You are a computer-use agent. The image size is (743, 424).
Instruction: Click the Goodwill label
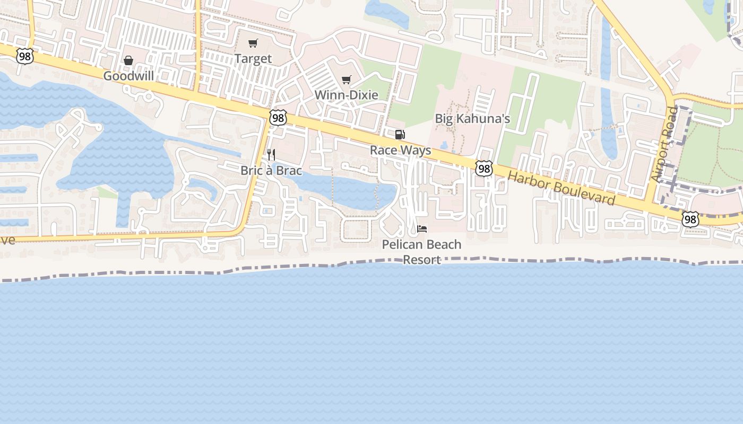pos(128,76)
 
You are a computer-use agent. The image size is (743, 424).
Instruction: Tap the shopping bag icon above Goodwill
pos(128,60)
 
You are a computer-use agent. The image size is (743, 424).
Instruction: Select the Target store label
pos(253,59)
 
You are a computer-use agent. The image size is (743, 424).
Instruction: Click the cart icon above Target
pos(253,43)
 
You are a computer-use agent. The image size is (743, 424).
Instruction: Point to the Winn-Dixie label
pos(347,95)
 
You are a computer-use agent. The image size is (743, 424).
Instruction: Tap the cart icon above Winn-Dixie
pos(347,79)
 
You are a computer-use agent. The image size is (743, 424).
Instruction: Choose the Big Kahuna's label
pos(472,118)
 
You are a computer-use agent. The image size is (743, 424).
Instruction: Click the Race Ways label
pos(401,150)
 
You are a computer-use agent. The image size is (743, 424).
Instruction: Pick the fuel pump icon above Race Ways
pos(400,135)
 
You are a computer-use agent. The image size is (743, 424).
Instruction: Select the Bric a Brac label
pos(271,170)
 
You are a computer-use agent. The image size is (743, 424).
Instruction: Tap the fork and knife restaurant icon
pos(271,155)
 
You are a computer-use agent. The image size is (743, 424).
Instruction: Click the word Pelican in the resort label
pos(400,244)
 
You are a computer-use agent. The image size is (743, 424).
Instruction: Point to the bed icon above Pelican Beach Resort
pos(422,229)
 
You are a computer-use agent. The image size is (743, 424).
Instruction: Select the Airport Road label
pos(664,145)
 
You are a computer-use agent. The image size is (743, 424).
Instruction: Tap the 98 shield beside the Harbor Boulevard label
pos(483,169)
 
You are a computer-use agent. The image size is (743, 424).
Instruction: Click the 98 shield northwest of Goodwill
pos(24,56)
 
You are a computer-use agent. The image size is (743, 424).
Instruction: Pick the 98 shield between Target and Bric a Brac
pos(278,118)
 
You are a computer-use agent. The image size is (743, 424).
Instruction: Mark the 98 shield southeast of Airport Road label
pos(690,218)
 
